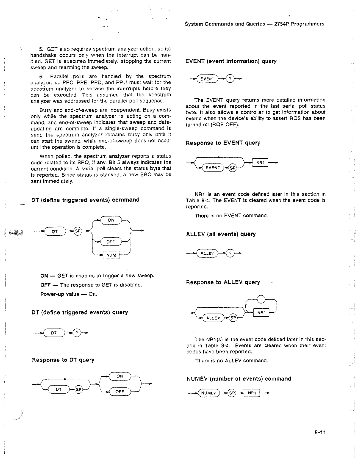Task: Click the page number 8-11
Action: coord(319,433)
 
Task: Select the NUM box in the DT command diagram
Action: coord(111,255)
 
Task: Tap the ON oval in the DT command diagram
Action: coord(111,220)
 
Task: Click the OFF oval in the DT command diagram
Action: coord(111,242)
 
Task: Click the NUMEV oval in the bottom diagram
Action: coord(209,393)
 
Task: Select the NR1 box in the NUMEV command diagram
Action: coord(252,393)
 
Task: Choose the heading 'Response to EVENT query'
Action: coord(223,143)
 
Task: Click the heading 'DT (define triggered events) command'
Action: coord(85,200)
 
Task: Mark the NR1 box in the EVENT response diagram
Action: coord(260,163)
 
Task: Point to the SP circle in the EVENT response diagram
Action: coord(232,168)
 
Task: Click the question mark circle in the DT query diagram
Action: coord(76,333)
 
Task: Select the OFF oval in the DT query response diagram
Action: coord(120,392)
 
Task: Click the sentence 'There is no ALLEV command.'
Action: coord(231,361)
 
